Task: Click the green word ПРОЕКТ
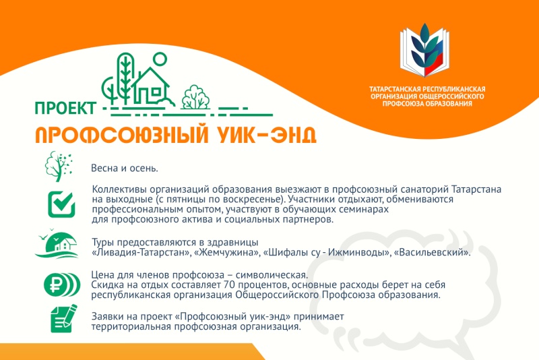65,109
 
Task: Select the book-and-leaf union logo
425,50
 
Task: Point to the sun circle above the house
160,59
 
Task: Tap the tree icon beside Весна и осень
59,167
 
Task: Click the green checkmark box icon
61,204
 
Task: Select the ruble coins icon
62,284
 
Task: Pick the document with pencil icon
63,318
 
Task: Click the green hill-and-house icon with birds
57,243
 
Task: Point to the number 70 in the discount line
229,285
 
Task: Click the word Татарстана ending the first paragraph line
476,189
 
